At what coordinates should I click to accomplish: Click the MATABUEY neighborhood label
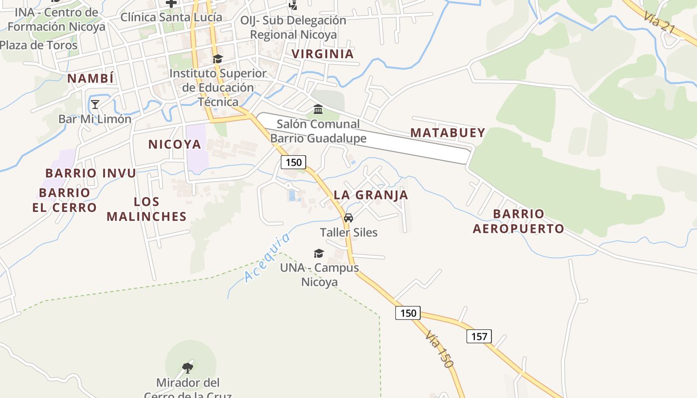pos(448,133)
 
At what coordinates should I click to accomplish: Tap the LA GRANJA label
pos(371,195)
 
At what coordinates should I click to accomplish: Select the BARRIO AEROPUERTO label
pos(518,221)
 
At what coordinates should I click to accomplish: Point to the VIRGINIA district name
pos(323,54)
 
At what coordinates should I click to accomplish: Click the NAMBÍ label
pos(91,79)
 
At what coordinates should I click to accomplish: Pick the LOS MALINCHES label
pos(146,209)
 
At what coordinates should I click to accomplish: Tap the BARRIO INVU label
pos(91,173)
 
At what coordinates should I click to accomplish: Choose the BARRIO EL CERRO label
pos(64,200)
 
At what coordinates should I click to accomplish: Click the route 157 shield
pos(479,336)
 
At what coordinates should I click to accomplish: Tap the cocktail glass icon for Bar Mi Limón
pos(95,104)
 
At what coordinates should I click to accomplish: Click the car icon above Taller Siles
pos(348,218)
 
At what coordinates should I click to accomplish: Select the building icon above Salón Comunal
pos(318,109)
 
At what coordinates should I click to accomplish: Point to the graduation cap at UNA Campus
pos(319,254)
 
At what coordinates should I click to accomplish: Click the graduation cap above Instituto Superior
pos(218,59)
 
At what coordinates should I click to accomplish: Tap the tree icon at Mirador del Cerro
pos(188,368)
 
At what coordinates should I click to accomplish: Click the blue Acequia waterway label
pos(267,258)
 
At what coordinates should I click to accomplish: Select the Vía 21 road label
pos(658,23)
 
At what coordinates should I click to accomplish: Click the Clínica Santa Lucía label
pos(171,17)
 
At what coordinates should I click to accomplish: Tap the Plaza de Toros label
pos(39,45)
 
